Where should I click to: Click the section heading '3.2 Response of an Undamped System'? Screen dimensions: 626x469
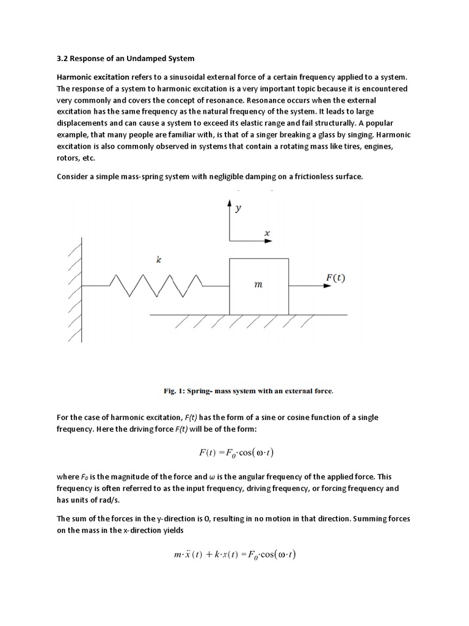coord(125,58)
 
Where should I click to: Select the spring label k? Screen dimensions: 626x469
coord(159,260)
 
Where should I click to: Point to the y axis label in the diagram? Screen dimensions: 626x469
coord(239,208)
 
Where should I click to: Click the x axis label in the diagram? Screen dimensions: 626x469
coord(266,232)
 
